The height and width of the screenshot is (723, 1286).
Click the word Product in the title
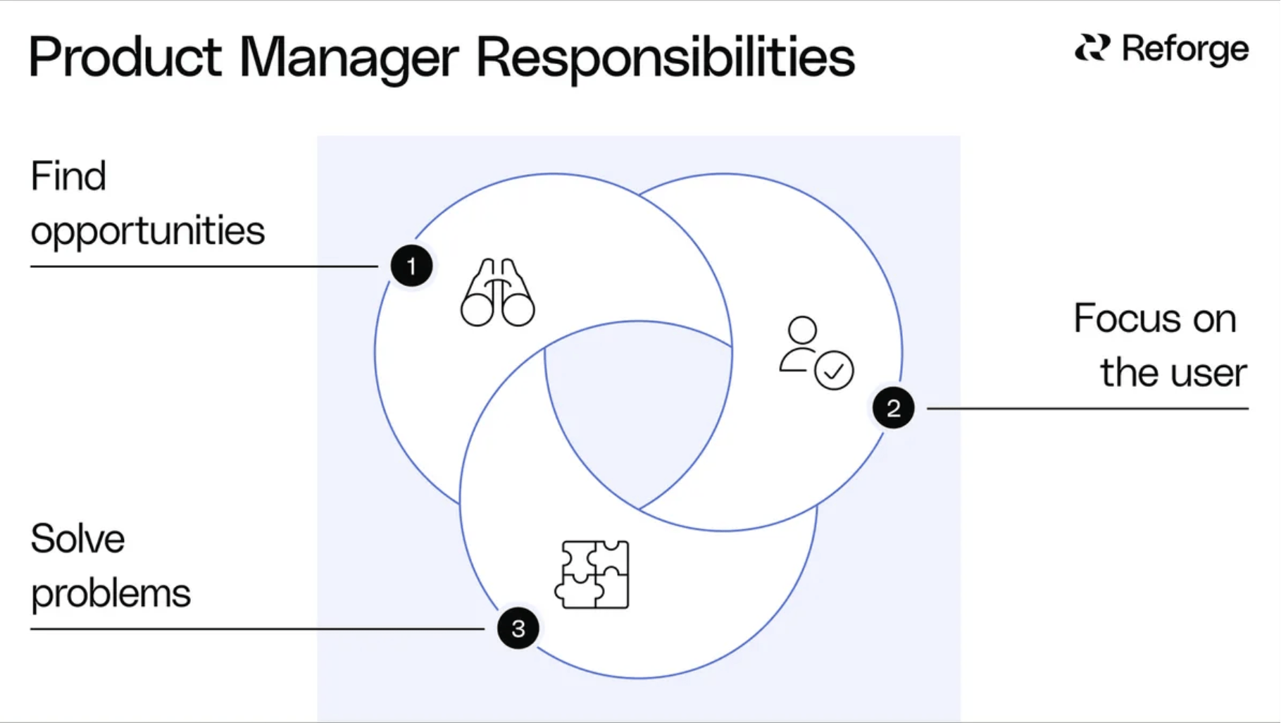(125, 58)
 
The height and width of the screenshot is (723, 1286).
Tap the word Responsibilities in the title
(665, 58)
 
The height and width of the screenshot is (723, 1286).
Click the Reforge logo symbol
(1092, 48)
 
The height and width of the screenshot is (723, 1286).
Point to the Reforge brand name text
(1185, 49)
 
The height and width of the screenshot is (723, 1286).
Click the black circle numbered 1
(411, 266)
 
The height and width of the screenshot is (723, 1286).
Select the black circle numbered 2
(893, 408)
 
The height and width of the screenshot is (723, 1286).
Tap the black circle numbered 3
(518, 628)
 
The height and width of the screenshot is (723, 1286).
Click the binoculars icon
(498, 293)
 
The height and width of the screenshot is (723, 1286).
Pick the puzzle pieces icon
(592, 574)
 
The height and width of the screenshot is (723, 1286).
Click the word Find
(68, 176)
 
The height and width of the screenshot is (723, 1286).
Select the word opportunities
(148, 231)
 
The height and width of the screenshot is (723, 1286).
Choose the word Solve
(77, 539)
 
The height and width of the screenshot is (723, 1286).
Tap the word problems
(111, 593)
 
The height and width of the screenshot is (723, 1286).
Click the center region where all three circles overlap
(637, 409)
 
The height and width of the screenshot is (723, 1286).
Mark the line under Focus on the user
(1087, 408)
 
